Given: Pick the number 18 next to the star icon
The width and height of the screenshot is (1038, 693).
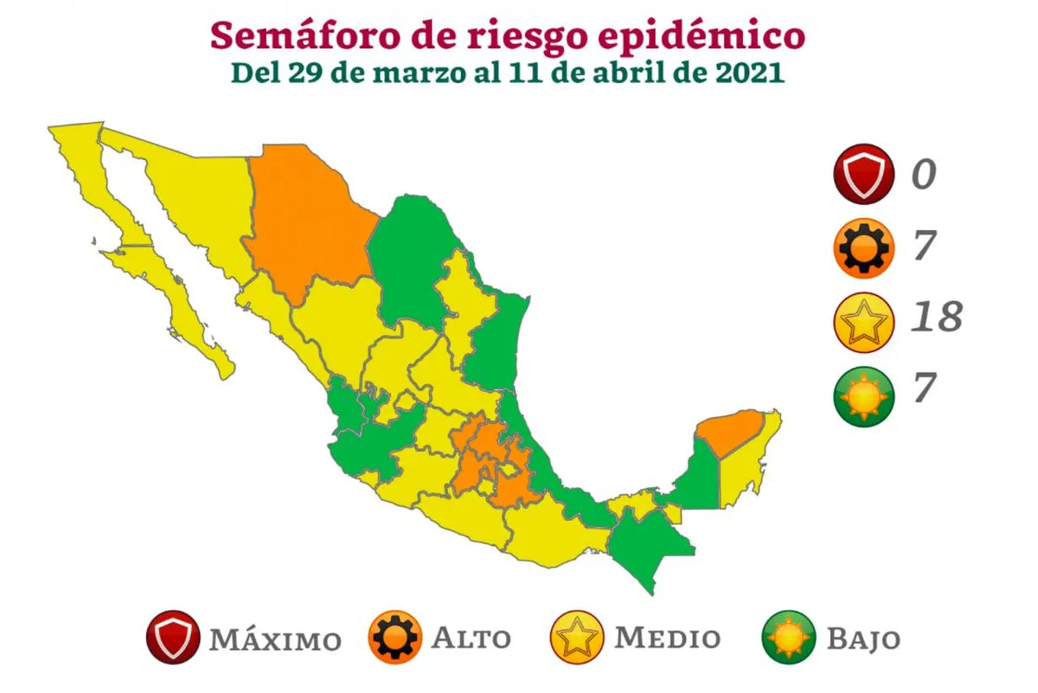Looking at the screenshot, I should coord(936,318).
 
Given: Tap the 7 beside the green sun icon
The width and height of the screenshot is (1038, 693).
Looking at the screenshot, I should coord(924,388).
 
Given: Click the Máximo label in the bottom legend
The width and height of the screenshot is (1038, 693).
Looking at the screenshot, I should coord(273,639).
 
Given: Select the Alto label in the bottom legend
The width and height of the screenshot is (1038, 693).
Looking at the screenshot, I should coord(471,639).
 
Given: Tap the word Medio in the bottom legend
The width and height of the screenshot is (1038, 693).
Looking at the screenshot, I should coord(667,638).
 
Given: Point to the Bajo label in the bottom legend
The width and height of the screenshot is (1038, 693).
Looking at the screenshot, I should coord(863,639).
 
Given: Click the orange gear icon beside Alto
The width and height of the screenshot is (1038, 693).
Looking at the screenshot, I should coord(395,638).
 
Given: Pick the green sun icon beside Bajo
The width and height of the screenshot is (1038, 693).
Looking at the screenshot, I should coord(789,638).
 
